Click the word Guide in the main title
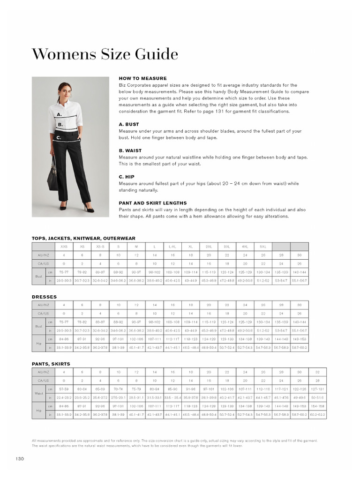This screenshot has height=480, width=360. coord(154,54)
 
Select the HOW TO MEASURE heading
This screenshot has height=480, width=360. coord(142,78)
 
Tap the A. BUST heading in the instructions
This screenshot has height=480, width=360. coord(129,125)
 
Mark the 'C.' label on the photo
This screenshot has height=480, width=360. coord(59,138)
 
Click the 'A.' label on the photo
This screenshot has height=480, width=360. coord(59,114)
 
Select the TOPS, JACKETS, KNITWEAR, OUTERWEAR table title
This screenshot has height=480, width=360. coord(83,238)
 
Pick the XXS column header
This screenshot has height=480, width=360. coord(64,247)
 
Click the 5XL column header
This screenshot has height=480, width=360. coord(263,247)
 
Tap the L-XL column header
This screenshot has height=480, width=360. coord(172,247)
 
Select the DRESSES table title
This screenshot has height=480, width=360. coord(44,297)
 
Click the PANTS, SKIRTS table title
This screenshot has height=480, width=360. coord(51,364)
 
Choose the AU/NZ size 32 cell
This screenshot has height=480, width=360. coord(317,372)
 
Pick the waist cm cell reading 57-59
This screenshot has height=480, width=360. coord(64,390)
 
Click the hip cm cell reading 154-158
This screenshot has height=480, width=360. coord(317,406)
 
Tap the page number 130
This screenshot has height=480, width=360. coord(19,458)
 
